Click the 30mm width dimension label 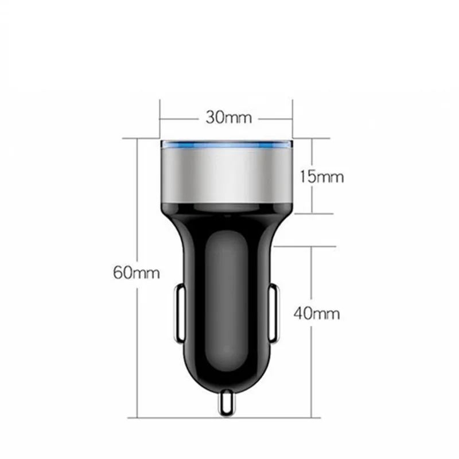click(229, 118)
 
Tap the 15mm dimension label click(321, 176)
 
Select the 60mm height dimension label click(136, 273)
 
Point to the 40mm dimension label click(316, 313)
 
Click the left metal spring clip click(177, 313)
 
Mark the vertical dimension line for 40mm click(312, 367)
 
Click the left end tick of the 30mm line click(160, 119)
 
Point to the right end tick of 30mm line click(293, 119)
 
